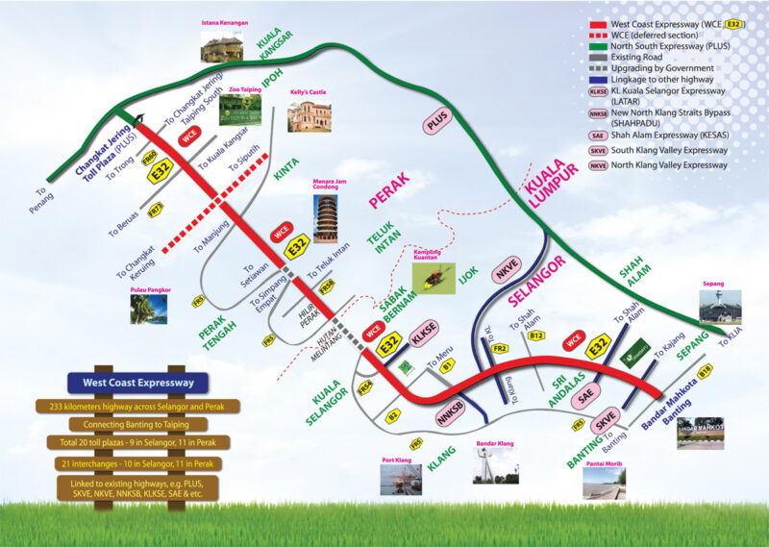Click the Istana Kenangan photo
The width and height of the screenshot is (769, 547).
click(x=222, y=44)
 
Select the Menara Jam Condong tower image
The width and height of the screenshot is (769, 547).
click(x=325, y=219)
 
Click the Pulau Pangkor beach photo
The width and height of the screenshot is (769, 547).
click(x=149, y=309)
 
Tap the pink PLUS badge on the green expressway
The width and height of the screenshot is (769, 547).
click(x=437, y=122)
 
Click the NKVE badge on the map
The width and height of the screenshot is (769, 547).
click(x=506, y=272)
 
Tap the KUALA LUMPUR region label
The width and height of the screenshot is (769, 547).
click(x=551, y=184)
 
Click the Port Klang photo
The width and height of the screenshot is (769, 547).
click(x=400, y=480)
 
